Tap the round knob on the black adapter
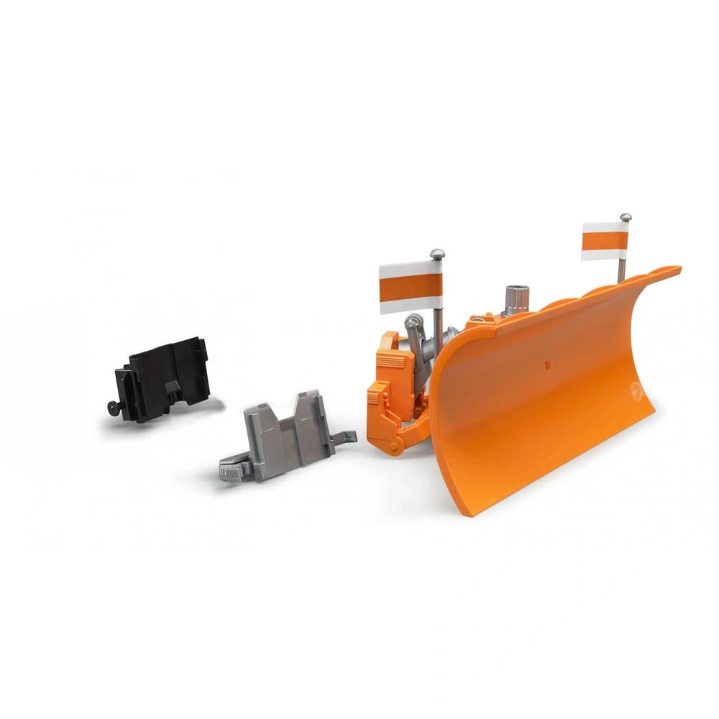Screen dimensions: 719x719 pyautogui.click(x=113, y=408)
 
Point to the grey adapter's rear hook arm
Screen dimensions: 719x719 pyautogui.click(x=345, y=436)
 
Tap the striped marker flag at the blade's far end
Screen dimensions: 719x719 pyautogui.click(x=605, y=240)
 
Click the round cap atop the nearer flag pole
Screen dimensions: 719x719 pyautogui.click(x=436, y=255)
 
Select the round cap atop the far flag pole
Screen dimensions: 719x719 pyautogui.click(x=626, y=216)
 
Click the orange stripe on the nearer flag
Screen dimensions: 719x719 pyautogui.click(x=410, y=287)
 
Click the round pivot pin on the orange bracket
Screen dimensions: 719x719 pyautogui.click(x=394, y=447)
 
